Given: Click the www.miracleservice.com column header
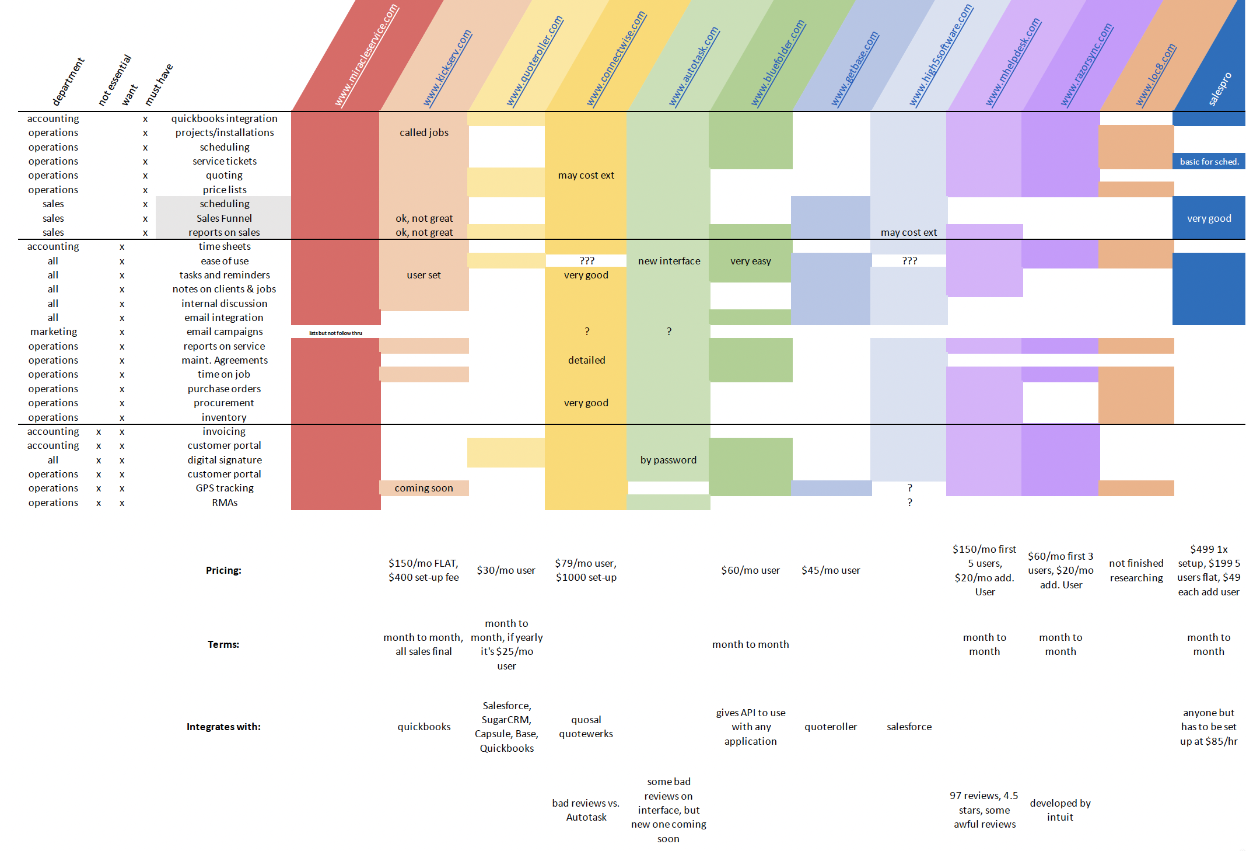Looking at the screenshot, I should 367,55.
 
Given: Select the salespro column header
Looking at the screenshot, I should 1220,89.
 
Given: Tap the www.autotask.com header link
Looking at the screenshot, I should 694,67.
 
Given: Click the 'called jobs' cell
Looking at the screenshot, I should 424,132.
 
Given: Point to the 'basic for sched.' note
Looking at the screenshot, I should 1209,162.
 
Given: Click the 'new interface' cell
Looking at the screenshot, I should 668,261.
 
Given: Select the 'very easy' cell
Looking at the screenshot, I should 750,261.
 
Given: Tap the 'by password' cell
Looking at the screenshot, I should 668,460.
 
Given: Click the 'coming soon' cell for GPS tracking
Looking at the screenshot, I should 423,488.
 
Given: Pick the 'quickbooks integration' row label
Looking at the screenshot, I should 224,118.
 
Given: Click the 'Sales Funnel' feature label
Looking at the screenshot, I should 224,218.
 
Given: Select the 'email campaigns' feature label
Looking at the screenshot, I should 224,332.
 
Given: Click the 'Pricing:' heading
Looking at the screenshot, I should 223,570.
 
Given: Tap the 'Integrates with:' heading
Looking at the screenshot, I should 223,727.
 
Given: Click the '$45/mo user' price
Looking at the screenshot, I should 830,570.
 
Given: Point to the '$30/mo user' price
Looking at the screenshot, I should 506,570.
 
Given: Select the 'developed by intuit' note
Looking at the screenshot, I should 1060,810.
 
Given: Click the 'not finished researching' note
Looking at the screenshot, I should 1136,570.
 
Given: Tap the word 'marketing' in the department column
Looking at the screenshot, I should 54,332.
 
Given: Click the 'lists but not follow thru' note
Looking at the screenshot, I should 335,333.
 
